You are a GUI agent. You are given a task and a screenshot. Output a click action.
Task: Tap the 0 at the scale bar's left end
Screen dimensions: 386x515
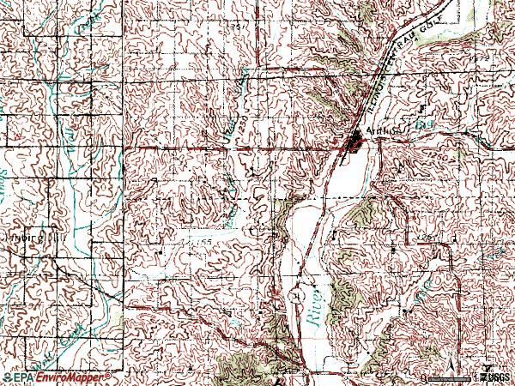pyautogui.click(x=425, y=377)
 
